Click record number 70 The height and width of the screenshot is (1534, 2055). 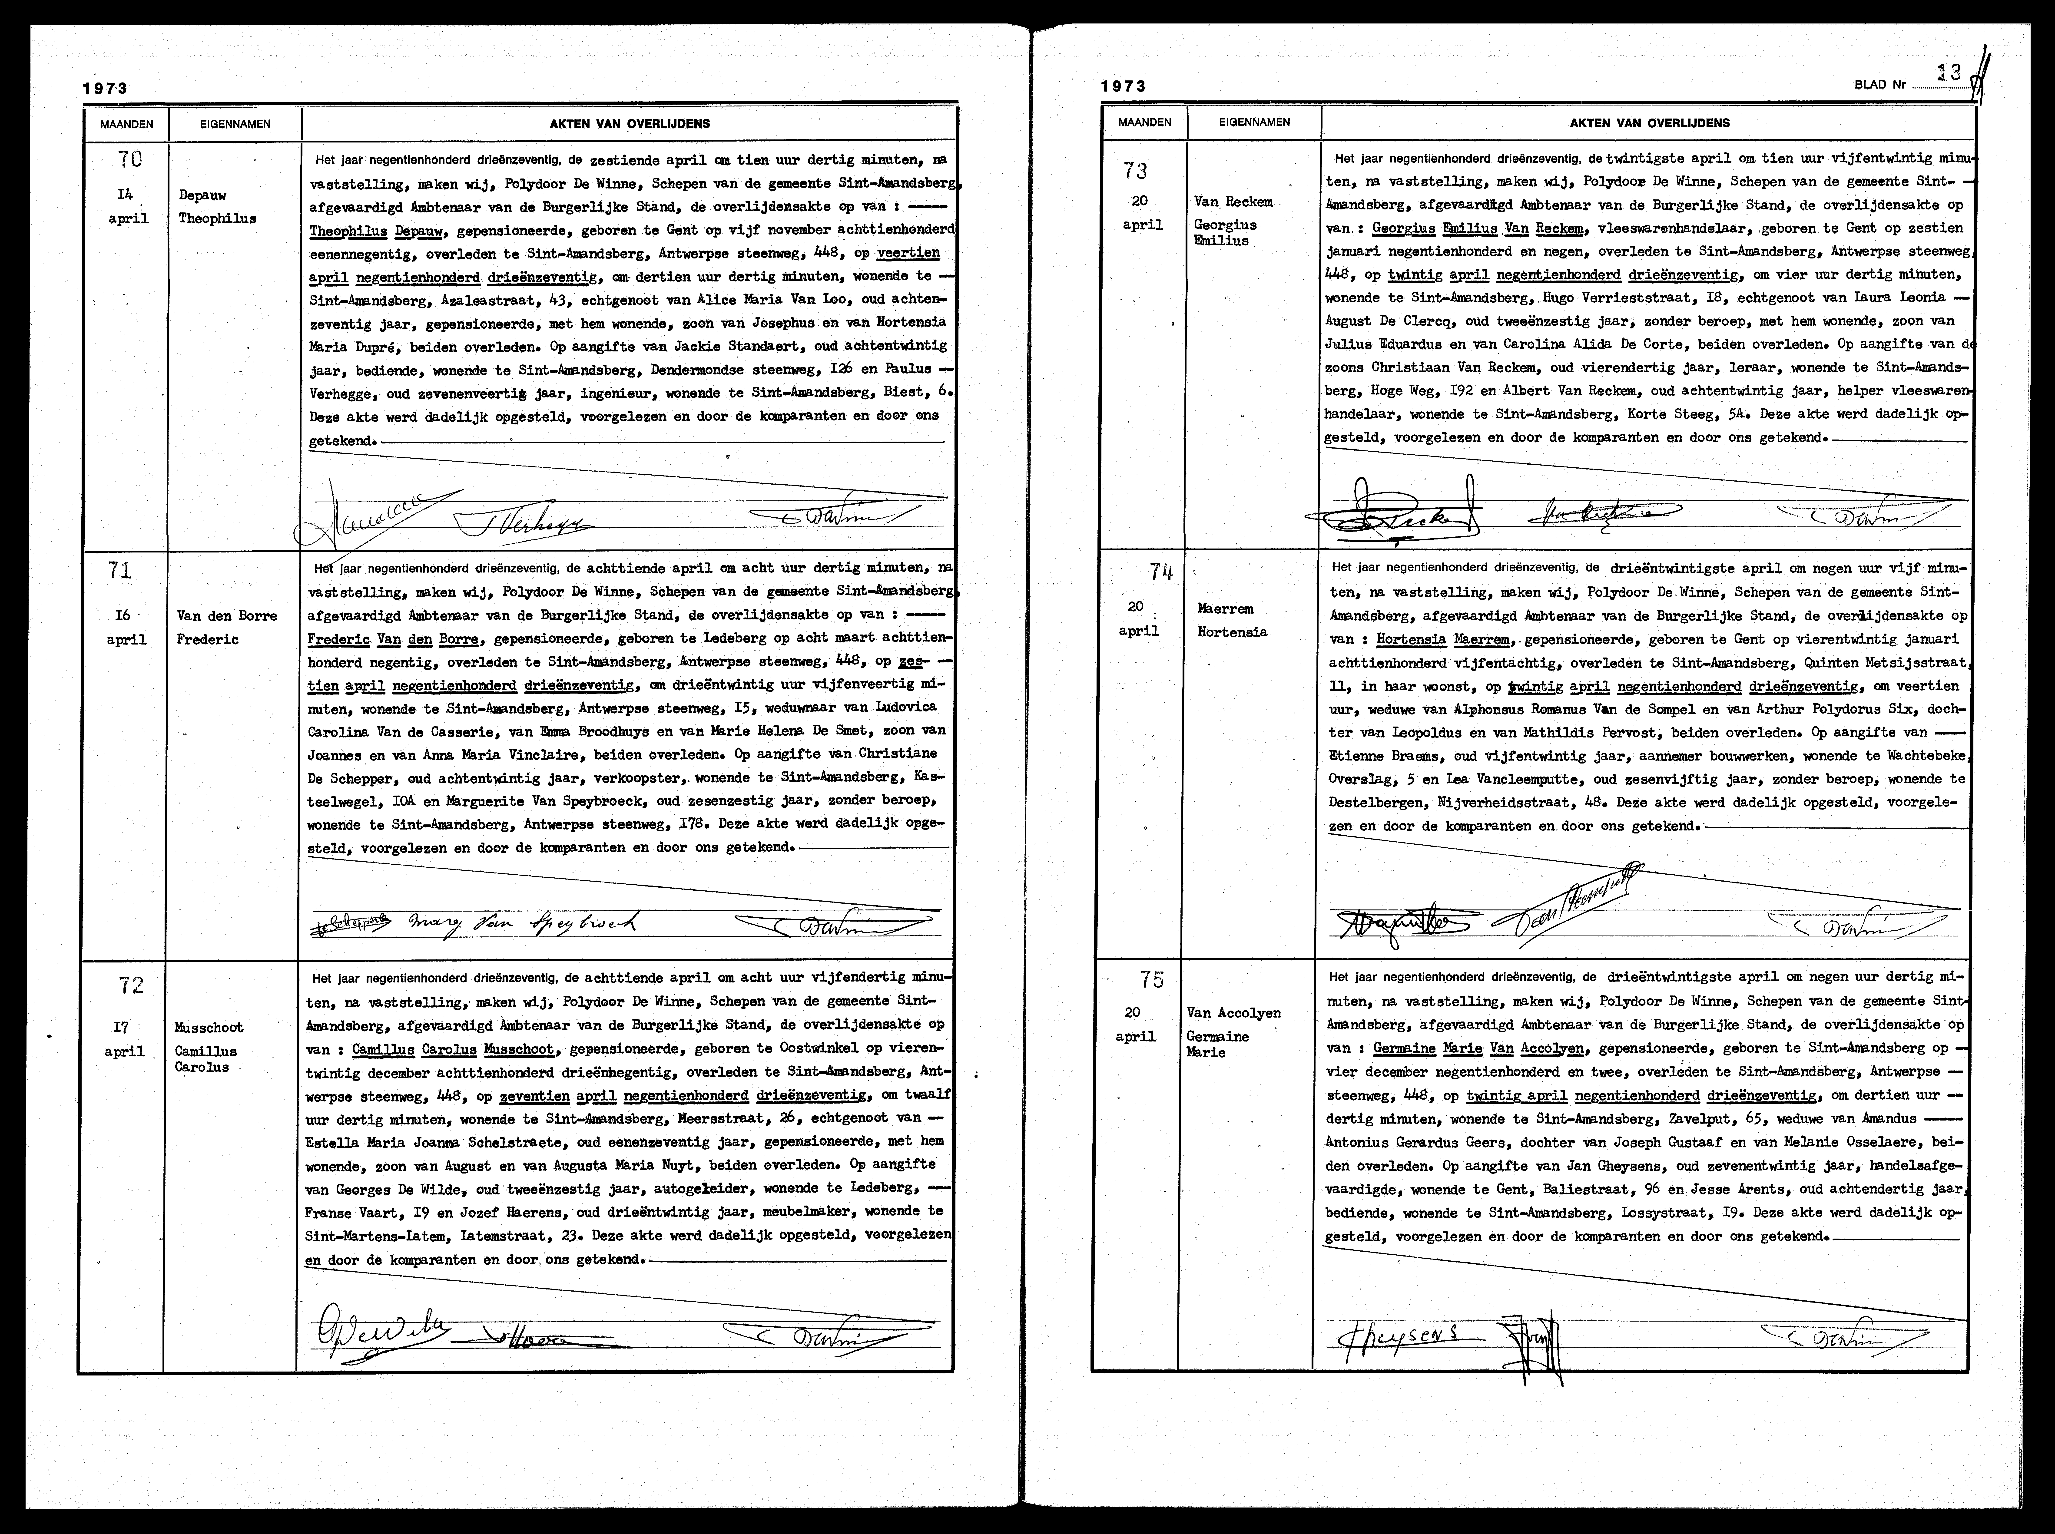130,160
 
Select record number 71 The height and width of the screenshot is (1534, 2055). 120,570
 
